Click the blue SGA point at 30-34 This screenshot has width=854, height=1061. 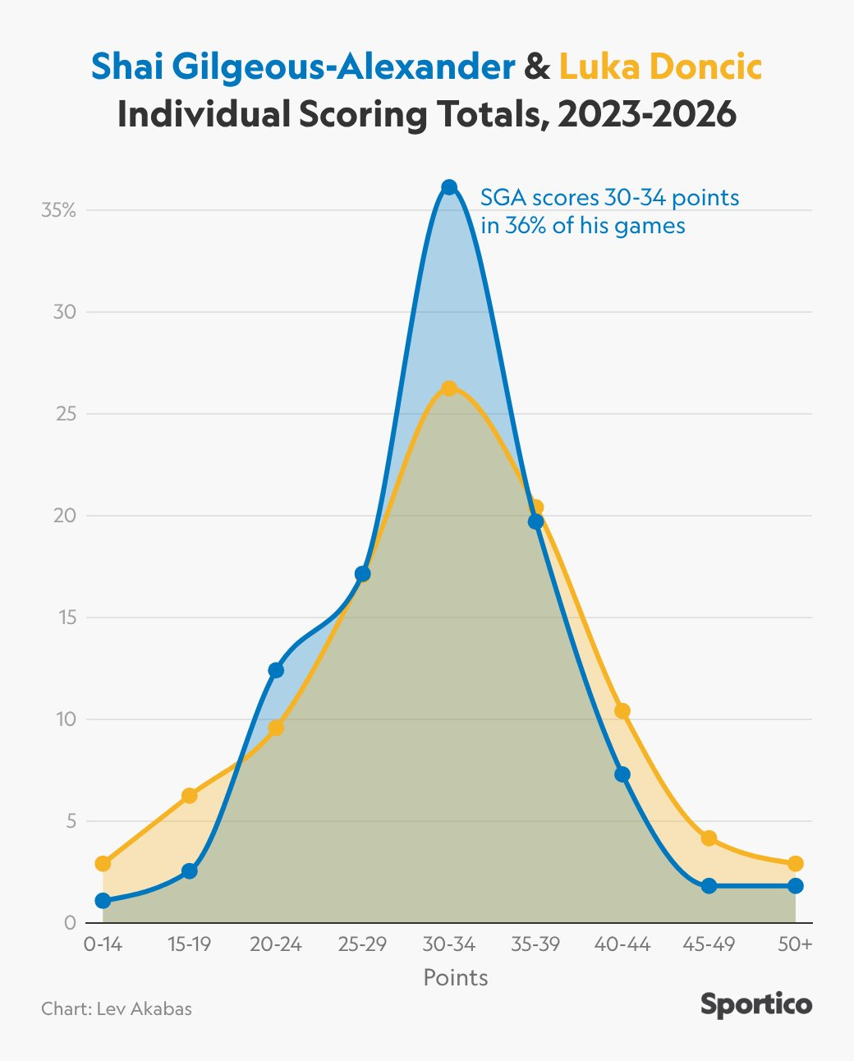click(449, 187)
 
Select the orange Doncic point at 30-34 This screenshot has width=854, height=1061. click(449, 388)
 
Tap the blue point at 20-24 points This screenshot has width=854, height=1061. click(276, 670)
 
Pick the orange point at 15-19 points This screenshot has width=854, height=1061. click(190, 795)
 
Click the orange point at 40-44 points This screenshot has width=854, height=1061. click(622, 711)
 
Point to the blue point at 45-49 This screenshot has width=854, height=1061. click(709, 886)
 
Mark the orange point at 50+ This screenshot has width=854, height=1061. click(795, 864)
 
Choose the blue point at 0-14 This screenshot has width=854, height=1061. click(103, 901)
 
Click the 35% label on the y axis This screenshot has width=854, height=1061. click(58, 210)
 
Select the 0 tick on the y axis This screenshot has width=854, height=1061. click(70, 923)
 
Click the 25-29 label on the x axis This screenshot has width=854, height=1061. click(362, 945)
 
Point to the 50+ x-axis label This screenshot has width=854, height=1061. click(795, 945)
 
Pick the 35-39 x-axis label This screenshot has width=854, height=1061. click(535, 945)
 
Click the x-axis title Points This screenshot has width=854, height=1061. click(456, 977)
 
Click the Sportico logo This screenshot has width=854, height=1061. click(756, 1005)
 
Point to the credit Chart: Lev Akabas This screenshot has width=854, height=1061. click(117, 1008)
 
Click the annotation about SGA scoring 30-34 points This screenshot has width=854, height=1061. click(609, 211)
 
